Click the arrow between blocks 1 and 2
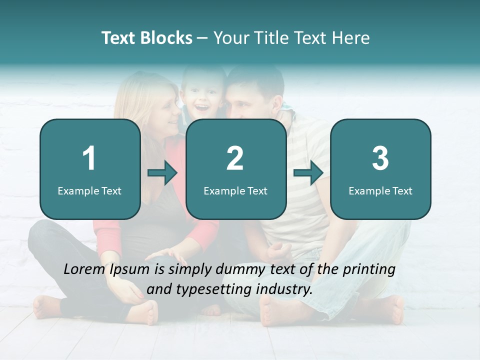(162, 173)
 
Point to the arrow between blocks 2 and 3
(308, 173)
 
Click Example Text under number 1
(89, 190)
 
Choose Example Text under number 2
(235, 190)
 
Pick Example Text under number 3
(380, 190)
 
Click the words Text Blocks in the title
(146, 38)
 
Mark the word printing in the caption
(369, 269)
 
